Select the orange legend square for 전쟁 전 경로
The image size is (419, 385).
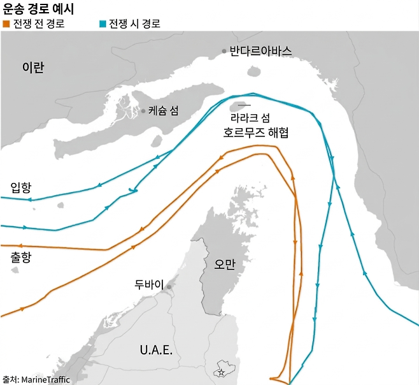click(6, 24)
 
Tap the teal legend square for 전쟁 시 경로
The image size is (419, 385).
click(103, 24)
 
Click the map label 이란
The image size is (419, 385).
click(32, 68)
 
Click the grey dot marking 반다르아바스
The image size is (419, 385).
click(224, 51)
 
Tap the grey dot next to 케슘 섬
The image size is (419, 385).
click(143, 110)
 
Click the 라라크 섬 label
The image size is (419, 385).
click(251, 118)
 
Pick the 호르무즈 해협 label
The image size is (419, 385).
click(257, 133)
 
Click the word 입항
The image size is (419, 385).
click(21, 187)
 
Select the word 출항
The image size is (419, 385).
click(21, 257)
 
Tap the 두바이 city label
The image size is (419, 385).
click(150, 284)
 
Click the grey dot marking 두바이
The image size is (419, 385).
click(169, 287)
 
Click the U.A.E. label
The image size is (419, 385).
click(157, 349)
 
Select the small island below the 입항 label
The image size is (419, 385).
click(61, 206)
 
